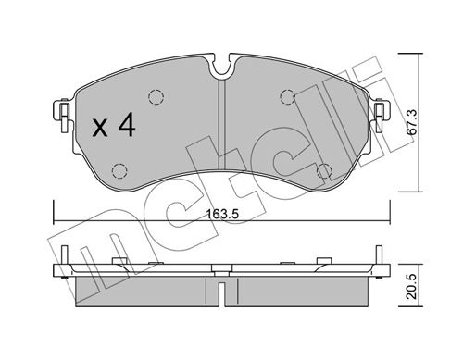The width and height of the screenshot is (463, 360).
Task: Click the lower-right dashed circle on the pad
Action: pyautogui.click(x=325, y=170)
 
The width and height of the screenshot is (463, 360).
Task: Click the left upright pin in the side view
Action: pyautogui.click(x=66, y=255)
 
